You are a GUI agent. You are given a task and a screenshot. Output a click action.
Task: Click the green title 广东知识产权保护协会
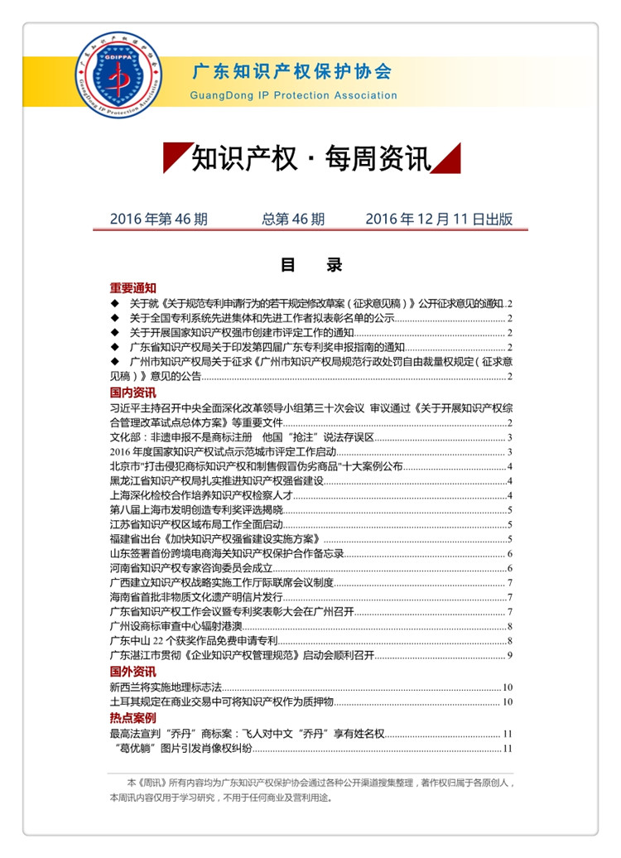pyautogui.click(x=291, y=72)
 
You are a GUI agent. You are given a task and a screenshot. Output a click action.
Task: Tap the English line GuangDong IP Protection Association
pyautogui.click(x=293, y=95)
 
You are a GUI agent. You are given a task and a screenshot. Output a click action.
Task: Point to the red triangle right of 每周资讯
pyautogui.click(x=447, y=157)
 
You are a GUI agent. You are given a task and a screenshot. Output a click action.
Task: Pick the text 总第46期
pyautogui.click(x=293, y=219)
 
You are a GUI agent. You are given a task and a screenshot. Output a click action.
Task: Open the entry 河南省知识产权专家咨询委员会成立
pyautogui.click(x=191, y=567)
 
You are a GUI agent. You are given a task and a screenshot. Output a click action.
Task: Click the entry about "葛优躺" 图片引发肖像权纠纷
pyautogui.click(x=185, y=749)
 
